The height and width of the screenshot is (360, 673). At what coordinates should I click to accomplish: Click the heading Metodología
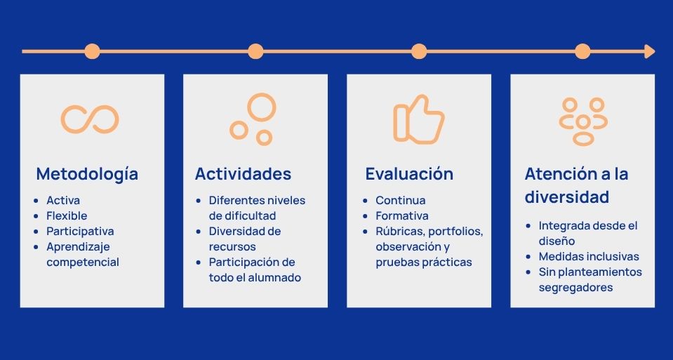[87, 174]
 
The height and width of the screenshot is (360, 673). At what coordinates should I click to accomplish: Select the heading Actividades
[243, 174]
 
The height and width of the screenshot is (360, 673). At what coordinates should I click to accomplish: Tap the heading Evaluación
[409, 174]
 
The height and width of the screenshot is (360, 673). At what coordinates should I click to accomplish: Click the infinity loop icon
[90, 119]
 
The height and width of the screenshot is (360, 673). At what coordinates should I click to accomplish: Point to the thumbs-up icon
[418, 119]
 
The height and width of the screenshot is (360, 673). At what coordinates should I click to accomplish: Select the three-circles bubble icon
[253, 119]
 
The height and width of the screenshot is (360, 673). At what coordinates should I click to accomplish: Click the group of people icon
[583, 121]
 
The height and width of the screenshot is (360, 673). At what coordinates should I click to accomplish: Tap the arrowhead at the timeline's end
[649, 51]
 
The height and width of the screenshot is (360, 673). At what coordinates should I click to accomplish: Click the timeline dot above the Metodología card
[92, 51]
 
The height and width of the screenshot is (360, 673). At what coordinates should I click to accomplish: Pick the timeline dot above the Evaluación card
[419, 51]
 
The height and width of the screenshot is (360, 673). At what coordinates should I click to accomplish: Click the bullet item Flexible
[67, 216]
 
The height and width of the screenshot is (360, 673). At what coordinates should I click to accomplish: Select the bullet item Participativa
[80, 232]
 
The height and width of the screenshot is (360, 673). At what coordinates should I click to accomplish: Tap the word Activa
[63, 201]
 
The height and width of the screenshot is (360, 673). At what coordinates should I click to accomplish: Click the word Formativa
[401, 216]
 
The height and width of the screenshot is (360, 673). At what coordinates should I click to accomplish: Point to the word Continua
[401, 201]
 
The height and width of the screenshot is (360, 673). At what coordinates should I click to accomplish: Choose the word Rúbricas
[400, 232]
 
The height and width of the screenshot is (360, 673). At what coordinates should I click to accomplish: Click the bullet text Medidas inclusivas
[589, 257]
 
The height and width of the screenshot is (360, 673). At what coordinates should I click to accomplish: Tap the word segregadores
[575, 288]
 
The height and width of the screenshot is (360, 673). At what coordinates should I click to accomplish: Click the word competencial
[83, 262]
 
